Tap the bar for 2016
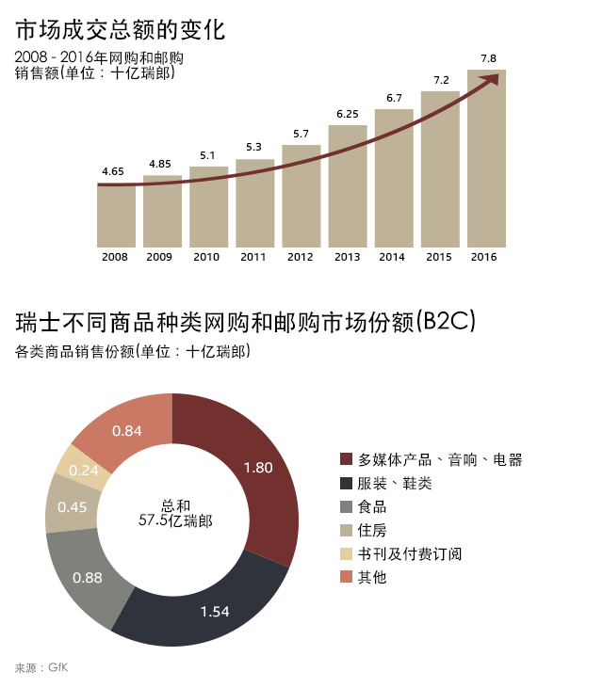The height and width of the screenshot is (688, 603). coord(486,160)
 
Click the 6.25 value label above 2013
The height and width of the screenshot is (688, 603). coord(348,114)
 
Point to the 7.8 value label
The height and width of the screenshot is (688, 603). coord(488,58)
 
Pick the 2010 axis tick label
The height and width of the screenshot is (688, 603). coord(208,257)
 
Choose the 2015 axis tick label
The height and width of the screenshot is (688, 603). coord(439,257)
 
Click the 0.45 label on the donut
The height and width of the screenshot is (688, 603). coord(73,506)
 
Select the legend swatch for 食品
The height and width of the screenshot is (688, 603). coord(346,507)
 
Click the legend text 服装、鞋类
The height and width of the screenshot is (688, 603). coord(394,484)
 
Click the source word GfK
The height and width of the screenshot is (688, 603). coord(58,667)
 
